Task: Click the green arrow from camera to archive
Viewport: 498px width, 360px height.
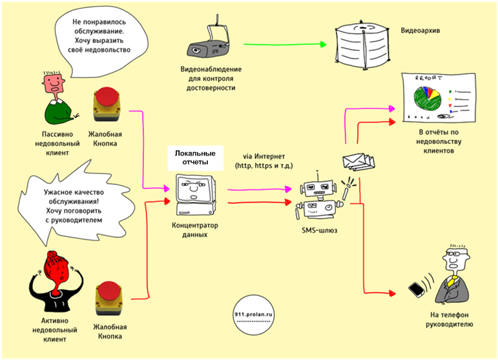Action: [283, 45]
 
